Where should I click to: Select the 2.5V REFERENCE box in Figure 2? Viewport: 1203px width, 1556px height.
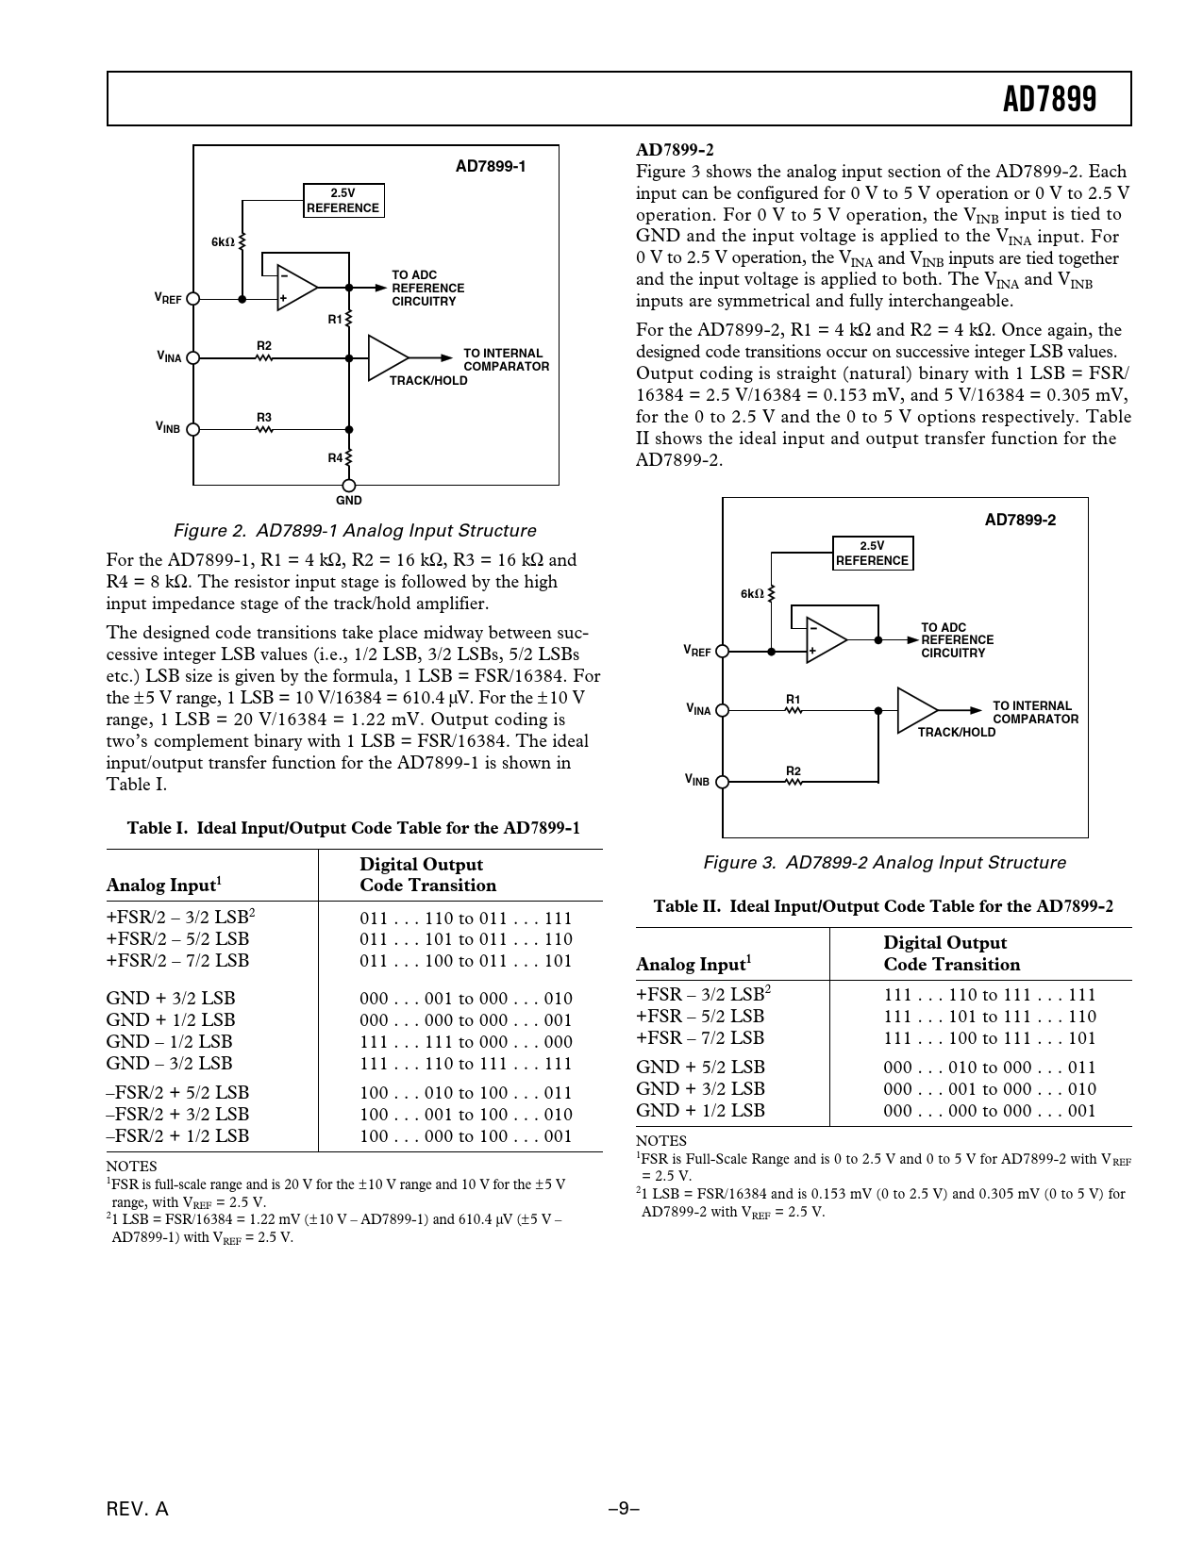(343, 201)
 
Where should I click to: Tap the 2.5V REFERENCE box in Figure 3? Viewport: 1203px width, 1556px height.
(872, 554)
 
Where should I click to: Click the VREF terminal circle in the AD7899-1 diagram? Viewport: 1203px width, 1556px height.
(193, 298)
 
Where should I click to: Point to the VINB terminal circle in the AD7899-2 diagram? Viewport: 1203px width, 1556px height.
(723, 781)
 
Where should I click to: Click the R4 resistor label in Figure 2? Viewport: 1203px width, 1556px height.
(335, 458)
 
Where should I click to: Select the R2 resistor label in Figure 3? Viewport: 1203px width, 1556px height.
(794, 771)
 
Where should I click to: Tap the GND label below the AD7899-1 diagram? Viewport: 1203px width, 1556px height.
(348, 500)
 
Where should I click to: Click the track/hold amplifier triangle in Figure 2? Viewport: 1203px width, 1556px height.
(386, 357)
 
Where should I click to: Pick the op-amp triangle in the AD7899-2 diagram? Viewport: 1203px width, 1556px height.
(824, 638)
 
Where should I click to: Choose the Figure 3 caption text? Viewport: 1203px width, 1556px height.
(884, 862)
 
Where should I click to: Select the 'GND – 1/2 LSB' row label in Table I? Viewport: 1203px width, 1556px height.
(169, 1041)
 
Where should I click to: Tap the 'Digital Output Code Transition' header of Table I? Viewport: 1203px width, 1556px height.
(427, 875)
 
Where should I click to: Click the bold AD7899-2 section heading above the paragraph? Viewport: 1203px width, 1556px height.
(675, 150)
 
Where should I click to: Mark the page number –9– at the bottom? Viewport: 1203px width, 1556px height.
(624, 1509)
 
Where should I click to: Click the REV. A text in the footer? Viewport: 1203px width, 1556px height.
(138, 1509)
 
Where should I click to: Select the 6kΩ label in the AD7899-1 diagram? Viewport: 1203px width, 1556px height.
(223, 242)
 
